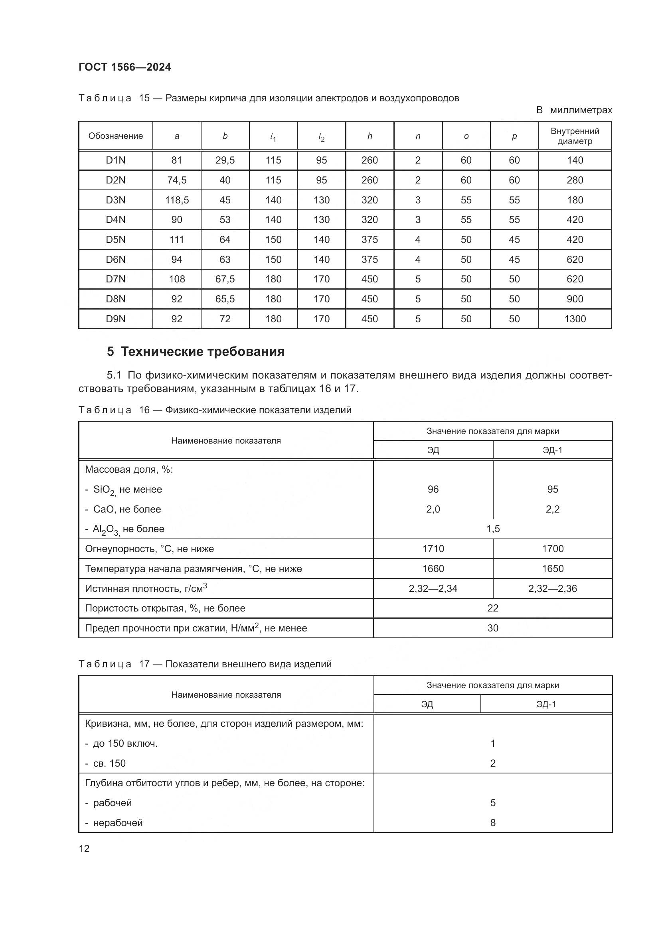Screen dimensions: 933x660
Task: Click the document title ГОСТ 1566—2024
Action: (125, 67)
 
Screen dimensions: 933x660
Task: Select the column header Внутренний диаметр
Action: (575, 136)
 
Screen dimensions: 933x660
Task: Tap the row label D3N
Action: (115, 200)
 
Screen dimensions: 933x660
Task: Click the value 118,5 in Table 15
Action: (177, 200)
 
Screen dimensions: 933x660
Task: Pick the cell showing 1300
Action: (575, 319)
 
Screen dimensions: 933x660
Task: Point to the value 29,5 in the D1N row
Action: (225, 160)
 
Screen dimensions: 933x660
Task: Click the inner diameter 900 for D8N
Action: (575, 299)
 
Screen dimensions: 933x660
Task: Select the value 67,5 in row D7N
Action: (225, 279)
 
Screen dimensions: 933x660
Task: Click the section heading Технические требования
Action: (196, 351)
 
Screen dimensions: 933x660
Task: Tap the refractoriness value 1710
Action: (433, 548)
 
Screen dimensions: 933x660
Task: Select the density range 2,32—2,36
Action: (552, 588)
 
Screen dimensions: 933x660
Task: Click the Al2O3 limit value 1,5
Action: (492, 529)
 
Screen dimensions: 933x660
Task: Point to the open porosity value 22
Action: (492, 608)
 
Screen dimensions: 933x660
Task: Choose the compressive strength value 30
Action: (492, 628)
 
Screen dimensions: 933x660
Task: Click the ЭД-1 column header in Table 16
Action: (552, 450)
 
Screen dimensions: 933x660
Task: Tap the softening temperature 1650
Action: (552, 568)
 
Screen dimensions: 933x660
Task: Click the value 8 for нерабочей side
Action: (492, 823)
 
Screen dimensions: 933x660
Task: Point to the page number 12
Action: (84, 849)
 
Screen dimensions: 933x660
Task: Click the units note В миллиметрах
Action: (573, 110)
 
